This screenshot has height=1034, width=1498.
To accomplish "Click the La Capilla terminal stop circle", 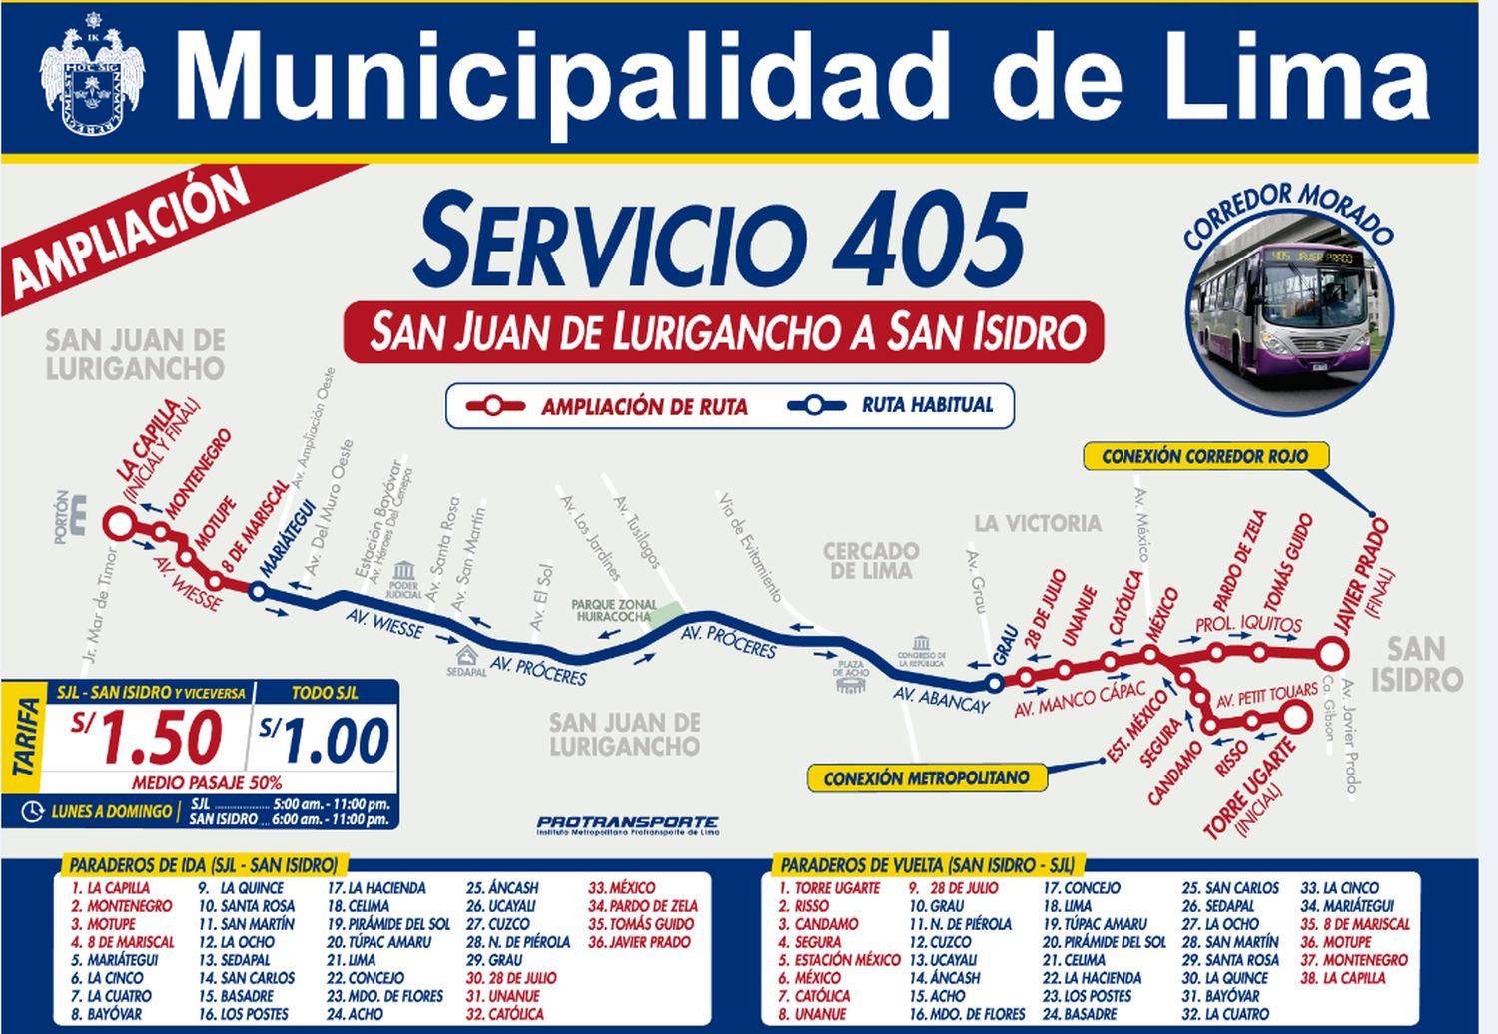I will click(120, 522).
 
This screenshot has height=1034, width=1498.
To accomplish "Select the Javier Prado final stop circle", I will click(1330, 655).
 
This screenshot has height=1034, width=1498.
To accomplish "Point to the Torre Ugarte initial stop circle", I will click(1295, 717).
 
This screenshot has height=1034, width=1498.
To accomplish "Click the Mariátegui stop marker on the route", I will click(257, 592).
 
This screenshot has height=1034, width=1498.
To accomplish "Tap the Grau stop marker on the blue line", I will click(994, 683).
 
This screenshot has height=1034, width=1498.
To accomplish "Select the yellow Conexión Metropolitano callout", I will click(926, 777).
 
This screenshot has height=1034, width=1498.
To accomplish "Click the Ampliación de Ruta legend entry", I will click(609, 406).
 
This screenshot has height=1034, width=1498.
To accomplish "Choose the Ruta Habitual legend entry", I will click(891, 405).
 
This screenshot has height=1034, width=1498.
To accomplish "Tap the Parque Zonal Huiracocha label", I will click(614, 610).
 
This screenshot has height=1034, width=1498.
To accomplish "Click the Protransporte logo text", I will click(627, 824).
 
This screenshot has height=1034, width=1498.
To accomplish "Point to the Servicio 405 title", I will click(721, 240).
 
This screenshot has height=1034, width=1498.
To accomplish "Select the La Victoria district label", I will click(1038, 523).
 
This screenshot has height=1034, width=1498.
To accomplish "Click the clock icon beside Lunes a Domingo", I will click(32, 811).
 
